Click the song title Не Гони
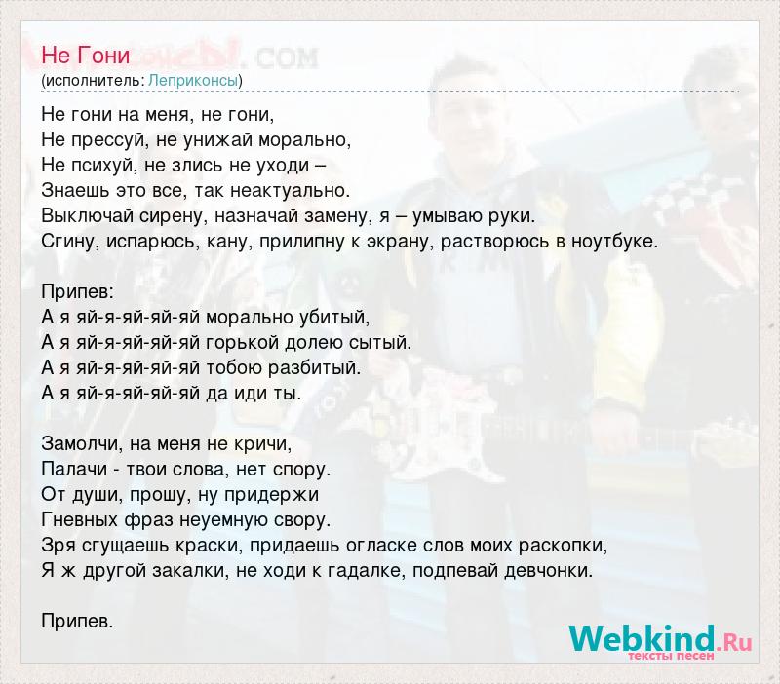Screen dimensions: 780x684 [x=86, y=56]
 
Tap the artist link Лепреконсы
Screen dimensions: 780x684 [x=193, y=80]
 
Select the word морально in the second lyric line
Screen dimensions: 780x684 [x=304, y=140]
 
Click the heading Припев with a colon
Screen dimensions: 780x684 [x=78, y=291]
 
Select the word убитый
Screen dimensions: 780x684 [x=334, y=317]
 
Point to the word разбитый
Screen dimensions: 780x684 [x=314, y=368]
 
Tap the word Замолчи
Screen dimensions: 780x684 [x=82, y=443]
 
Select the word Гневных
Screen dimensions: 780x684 [x=80, y=520]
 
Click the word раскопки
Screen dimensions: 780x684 [x=564, y=546]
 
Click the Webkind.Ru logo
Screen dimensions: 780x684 [x=660, y=640]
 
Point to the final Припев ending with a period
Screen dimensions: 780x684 [x=78, y=622]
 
